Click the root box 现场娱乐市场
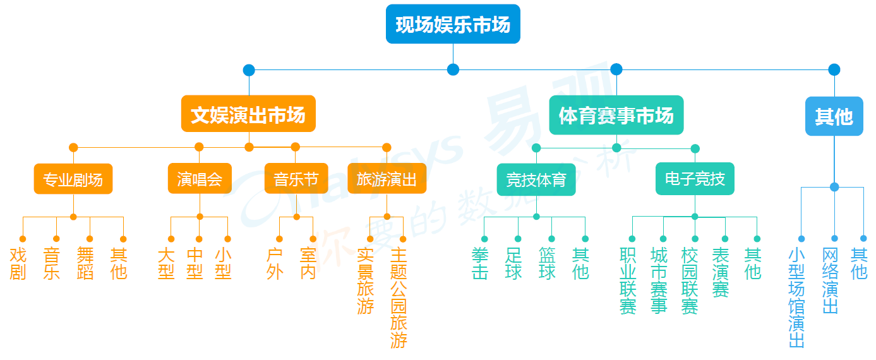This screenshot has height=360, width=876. pyautogui.click(x=453, y=24)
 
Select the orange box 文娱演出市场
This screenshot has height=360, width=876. pyautogui.click(x=248, y=114)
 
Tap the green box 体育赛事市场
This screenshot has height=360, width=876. pyautogui.click(x=616, y=115)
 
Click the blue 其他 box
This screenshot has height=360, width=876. pyautogui.click(x=834, y=116)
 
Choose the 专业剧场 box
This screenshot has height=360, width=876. pyautogui.click(x=73, y=179)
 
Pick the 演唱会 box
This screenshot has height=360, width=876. pyautogui.click(x=200, y=179)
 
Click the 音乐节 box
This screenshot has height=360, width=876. pyautogui.click(x=296, y=179)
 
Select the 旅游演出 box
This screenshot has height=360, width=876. pyautogui.click(x=387, y=179)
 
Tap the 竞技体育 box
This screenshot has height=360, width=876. pyautogui.click(x=536, y=181)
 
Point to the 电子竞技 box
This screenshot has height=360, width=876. pyautogui.click(x=695, y=179)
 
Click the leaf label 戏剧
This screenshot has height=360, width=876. pyautogui.click(x=18, y=263)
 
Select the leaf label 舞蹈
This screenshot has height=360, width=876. pyautogui.click(x=85, y=263)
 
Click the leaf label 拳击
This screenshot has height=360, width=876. pyautogui.click(x=480, y=263)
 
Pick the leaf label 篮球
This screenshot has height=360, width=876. pyautogui.click(x=547, y=263)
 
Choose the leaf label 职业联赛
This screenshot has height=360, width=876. pyautogui.click(x=628, y=280)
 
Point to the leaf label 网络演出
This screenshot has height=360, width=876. pyautogui.click(x=830, y=280)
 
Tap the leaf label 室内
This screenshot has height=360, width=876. pyautogui.click(x=308, y=263)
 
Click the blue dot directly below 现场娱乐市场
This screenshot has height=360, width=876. pyautogui.click(x=453, y=69)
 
